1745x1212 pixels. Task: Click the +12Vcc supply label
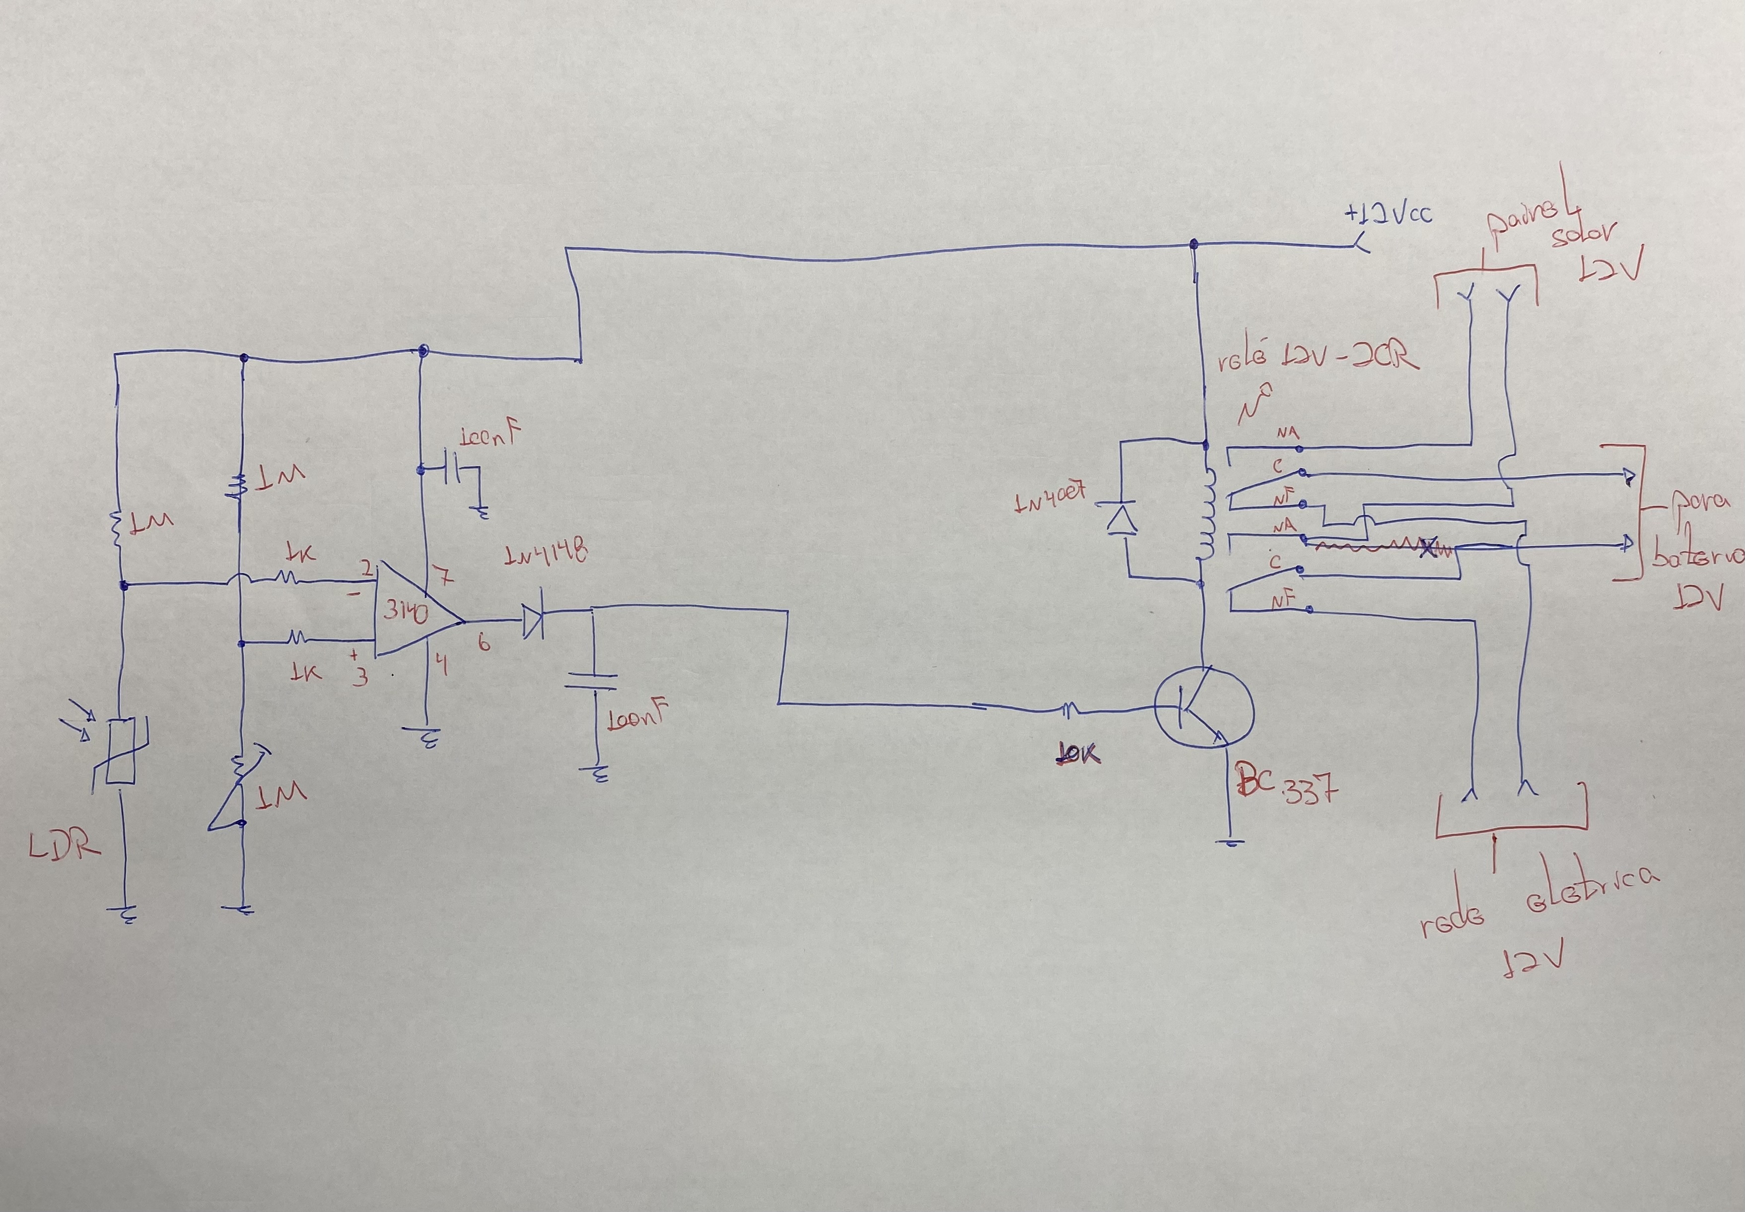[x=1388, y=214]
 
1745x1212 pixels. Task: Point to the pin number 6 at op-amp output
[x=483, y=643]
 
